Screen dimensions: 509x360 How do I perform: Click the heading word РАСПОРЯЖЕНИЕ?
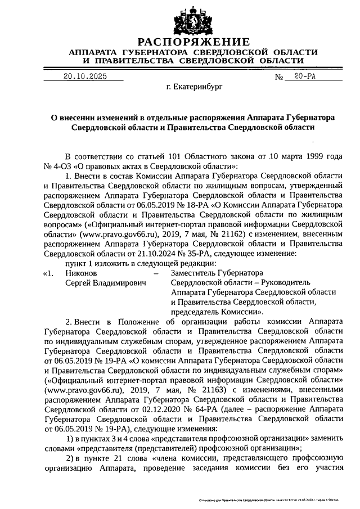[193, 42]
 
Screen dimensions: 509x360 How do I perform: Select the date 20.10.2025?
[85, 76]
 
